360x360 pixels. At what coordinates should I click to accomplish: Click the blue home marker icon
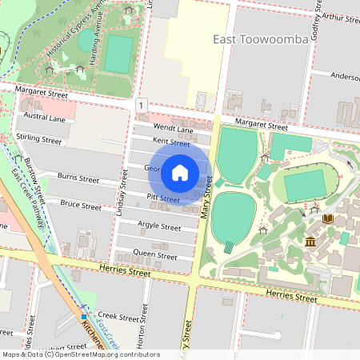click(180, 172)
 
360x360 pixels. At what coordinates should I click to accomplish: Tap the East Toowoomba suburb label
click(261, 39)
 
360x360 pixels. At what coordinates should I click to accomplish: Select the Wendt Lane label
click(174, 129)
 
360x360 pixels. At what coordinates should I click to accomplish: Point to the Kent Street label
click(170, 143)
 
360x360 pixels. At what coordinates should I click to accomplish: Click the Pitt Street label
click(163, 198)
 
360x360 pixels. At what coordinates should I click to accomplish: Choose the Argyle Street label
click(159, 226)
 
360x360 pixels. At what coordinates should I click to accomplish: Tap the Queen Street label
click(154, 256)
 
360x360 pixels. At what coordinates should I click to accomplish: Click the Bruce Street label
click(81, 206)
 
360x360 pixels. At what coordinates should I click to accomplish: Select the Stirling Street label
click(38, 140)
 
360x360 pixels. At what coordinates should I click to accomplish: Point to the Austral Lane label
click(44, 118)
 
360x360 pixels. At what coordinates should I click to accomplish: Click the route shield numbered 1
click(141, 106)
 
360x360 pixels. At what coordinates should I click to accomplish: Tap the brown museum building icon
click(310, 242)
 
